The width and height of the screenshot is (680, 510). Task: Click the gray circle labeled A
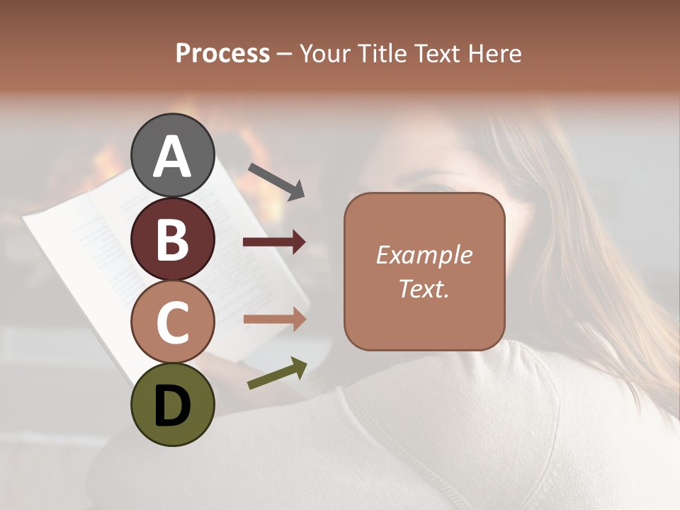point(172,155)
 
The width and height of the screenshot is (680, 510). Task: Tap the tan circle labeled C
point(172,322)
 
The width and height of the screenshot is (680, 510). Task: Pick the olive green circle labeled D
point(172,404)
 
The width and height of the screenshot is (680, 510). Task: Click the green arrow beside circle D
point(277,373)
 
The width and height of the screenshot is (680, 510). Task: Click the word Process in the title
point(222,54)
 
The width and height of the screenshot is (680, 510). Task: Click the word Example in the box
point(424,255)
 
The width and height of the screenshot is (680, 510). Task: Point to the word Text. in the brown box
point(424,288)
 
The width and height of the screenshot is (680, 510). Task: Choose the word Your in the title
point(324,54)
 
